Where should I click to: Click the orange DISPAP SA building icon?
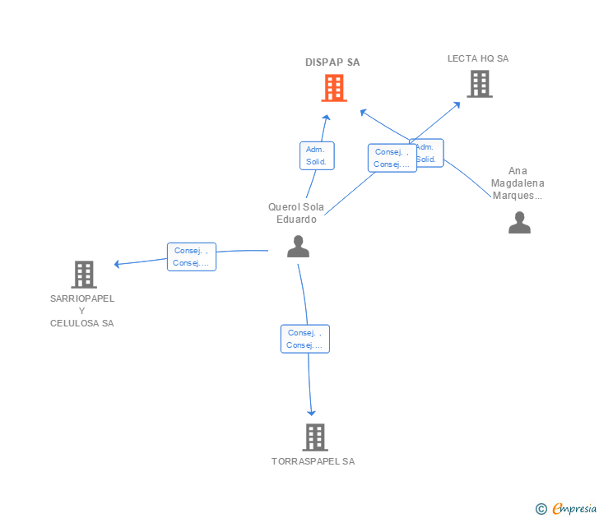click(x=333, y=88)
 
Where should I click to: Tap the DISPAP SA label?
click(x=332, y=62)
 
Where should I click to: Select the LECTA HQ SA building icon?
click(x=479, y=84)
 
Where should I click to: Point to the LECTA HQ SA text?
click(x=478, y=58)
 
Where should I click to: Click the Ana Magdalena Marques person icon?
click(x=519, y=223)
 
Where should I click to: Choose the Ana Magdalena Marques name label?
click(x=518, y=183)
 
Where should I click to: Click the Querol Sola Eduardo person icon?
click(x=298, y=246)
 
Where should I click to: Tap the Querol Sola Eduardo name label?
click(x=296, y=213)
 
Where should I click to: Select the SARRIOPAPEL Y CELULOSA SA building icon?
click(x=83, y=274)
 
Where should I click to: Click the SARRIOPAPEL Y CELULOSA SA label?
click(x=82, y=310)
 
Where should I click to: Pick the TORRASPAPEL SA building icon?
click(x=314, y=437)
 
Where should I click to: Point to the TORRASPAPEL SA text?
click(x=313, y=461)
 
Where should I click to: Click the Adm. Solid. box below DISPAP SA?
click(x=316, y=155)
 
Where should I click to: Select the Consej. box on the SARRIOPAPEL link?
click(x=191, y=257)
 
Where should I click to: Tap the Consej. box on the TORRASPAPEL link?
click(x=304, y=339)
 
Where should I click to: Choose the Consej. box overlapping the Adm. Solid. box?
click(x=392, y=158)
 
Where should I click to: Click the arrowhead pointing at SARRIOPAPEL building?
click(x=118, y=264)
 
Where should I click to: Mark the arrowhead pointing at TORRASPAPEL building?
click(x=312, y=412)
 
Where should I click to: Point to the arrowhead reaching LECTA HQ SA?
click(x=457, y=104)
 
